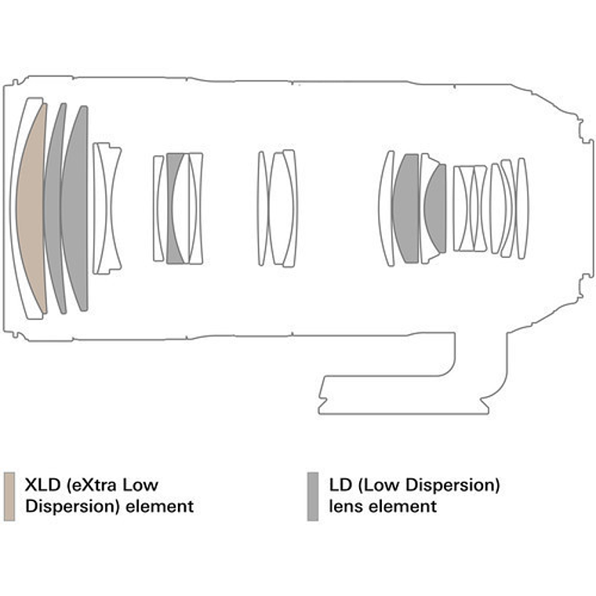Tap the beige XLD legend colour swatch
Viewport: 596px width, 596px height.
(9, 496)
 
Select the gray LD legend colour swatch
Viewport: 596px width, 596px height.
(313, 496)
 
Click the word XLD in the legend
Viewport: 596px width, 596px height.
(42, 486)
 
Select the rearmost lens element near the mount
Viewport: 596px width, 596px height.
(522, 207)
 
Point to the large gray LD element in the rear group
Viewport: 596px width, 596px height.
(406, 209)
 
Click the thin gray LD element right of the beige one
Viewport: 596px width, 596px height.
(53, 209)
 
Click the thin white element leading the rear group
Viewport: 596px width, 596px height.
(384, 209)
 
